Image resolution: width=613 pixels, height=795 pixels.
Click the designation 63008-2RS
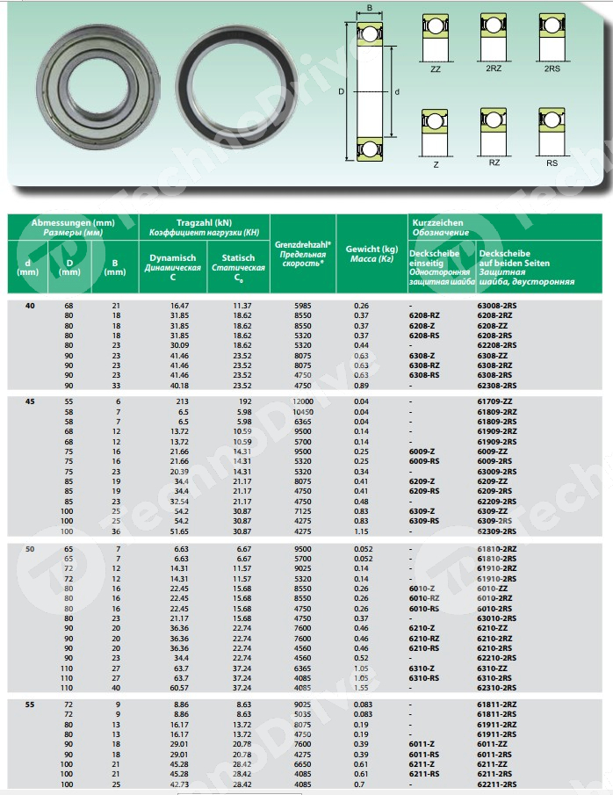tap(496, 305)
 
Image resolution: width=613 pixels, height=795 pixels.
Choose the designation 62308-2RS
tap(496, 385)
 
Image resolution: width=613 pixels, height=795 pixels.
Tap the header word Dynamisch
tap(172, 258)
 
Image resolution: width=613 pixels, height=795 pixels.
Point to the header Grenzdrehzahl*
tap(303, 243)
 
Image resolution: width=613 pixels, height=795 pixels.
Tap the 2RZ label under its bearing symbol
tap(494, 68)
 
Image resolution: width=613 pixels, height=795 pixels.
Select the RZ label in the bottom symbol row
tap(494, 163)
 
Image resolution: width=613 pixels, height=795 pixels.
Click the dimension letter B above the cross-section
tap(369, 9)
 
